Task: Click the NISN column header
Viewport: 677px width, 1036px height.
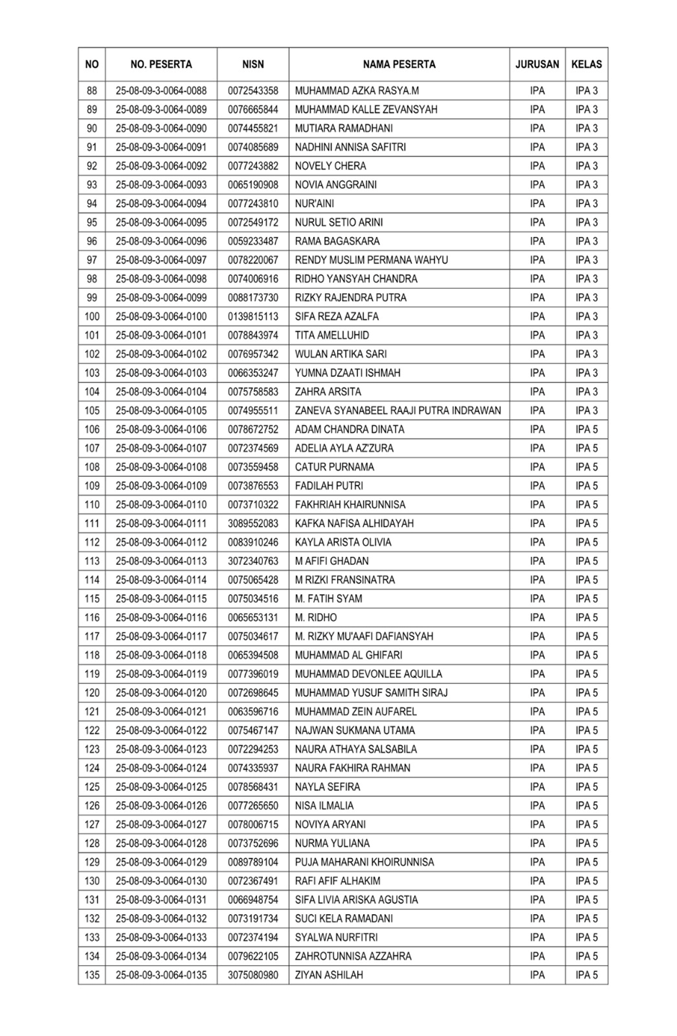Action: pos(253,64)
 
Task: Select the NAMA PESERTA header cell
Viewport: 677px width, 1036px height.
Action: pos(399,64)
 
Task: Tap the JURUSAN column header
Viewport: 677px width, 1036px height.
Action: pos(537,64)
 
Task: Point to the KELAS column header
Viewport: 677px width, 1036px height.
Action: pos(586,64)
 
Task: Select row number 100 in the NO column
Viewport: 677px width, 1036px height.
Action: pos(92,316)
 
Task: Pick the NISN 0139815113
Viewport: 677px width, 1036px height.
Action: pos(253,316)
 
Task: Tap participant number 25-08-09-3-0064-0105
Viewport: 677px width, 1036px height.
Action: pos(161,411)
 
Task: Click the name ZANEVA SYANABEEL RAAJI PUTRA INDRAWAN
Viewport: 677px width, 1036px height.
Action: pos(398,411)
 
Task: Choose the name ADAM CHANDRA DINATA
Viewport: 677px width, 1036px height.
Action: pos(349,429)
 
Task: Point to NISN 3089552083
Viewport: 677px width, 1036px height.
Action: pos(253,524)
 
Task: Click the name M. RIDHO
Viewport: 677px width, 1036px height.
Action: pos(315,617)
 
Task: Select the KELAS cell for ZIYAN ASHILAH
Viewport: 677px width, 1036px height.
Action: pos(586,975)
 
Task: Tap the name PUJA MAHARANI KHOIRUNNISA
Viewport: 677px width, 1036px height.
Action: pos(364,862)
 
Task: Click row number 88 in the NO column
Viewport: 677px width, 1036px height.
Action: pos(92,91)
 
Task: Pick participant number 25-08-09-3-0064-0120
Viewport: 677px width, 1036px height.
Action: pos(161,693)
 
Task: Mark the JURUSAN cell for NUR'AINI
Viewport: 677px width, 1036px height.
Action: pos(537,204)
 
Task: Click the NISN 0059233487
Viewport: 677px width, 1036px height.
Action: pos(253,241)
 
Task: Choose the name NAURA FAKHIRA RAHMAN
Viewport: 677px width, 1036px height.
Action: pos(352,768)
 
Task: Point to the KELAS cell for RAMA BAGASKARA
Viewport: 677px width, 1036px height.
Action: pos(586,241)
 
